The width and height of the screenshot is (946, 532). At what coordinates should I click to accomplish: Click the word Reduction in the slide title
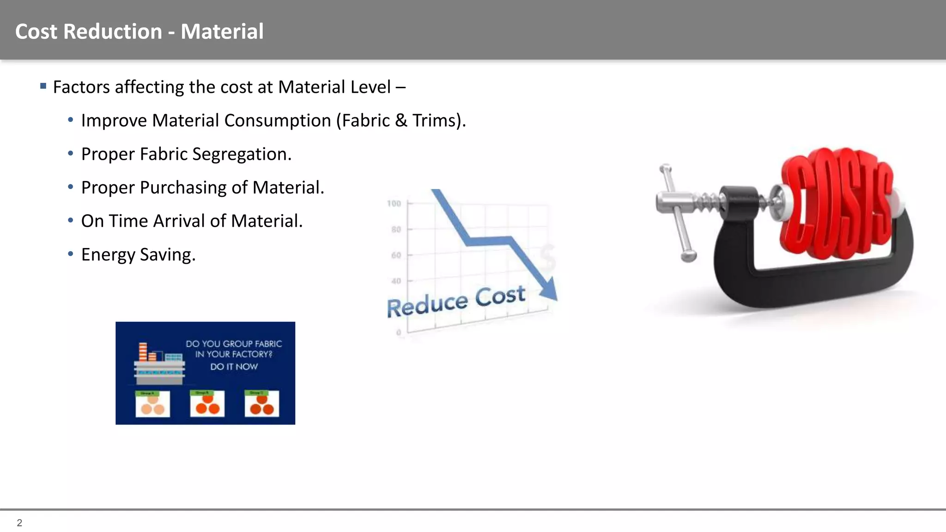(x=113, y=31)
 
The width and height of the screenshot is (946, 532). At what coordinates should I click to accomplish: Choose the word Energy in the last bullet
(x=108, y=255)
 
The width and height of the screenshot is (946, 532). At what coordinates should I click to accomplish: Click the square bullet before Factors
(x=43, y=86)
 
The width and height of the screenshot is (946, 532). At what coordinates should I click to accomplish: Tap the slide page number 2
(x=19, y=523)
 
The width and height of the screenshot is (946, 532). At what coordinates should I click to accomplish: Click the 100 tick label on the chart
(x=394, y=204)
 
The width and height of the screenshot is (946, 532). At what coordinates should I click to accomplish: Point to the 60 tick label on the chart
(x=396, y=255)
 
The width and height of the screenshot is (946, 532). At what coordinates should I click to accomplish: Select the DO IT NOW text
(x=234, y=367)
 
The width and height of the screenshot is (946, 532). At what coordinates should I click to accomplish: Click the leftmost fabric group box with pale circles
(x=152, y=404)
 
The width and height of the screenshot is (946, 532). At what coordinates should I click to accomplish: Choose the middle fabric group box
(x=207, y=404)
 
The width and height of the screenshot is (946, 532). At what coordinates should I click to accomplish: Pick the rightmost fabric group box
(x=261, y=404)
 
